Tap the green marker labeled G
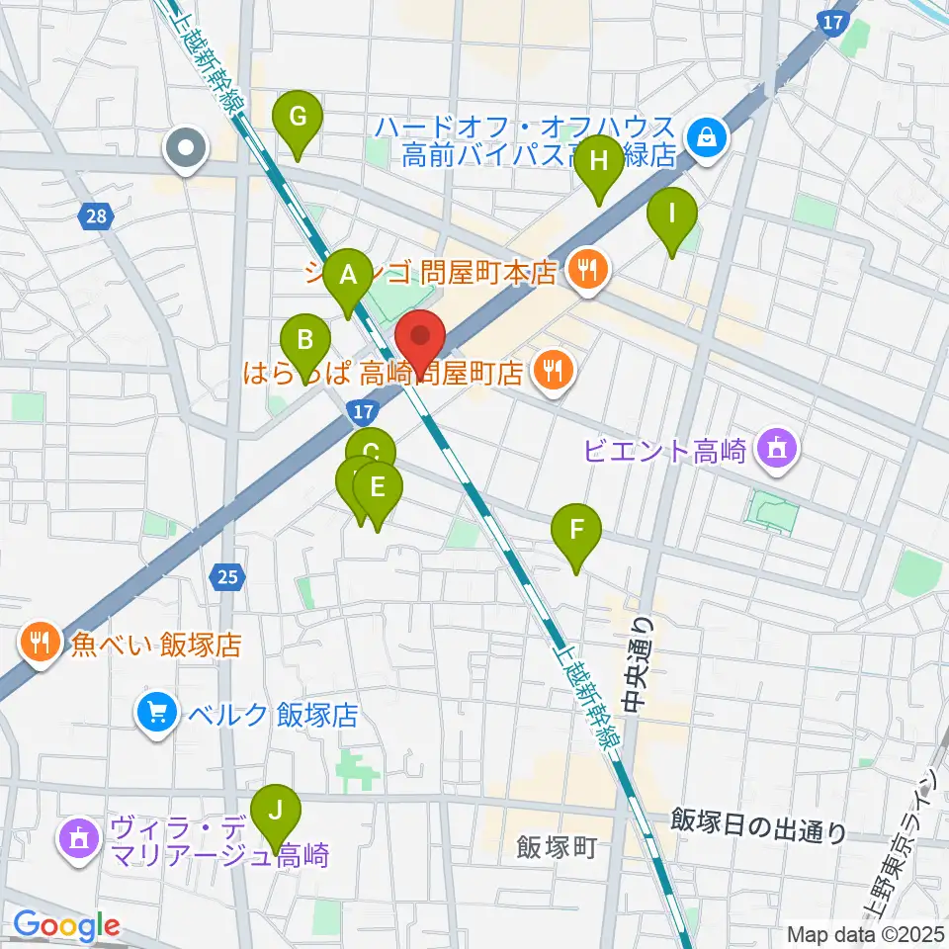coord(298,119)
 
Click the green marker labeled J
coord(276,814)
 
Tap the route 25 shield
coord(228,576)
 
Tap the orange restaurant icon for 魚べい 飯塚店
coord(40,644)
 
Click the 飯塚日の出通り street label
coord(758,825)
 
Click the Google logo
coord(66,926)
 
